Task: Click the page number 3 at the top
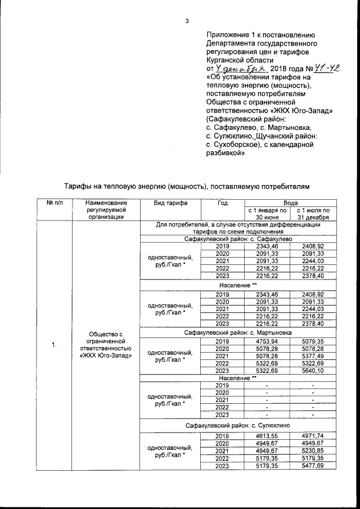187,22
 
